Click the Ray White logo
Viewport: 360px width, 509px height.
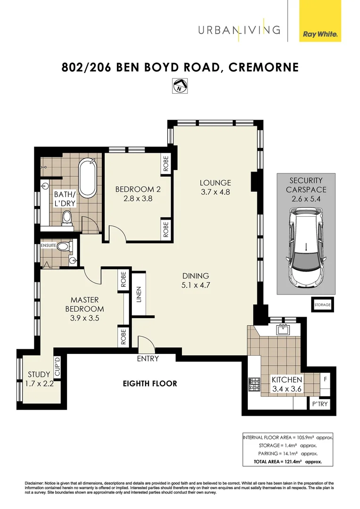(320, 34)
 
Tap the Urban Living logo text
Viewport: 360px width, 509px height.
(238, 30)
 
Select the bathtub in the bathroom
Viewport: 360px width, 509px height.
(88, 179)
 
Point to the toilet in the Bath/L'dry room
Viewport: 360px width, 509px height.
(67, 218)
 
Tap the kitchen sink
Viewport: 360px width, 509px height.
(284, 329)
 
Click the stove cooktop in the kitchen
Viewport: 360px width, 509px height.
(255, 385)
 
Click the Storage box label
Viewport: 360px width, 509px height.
(322, 305)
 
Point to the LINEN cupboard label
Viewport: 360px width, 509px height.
(139, 294)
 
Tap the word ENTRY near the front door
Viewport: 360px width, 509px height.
(147, 359)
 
